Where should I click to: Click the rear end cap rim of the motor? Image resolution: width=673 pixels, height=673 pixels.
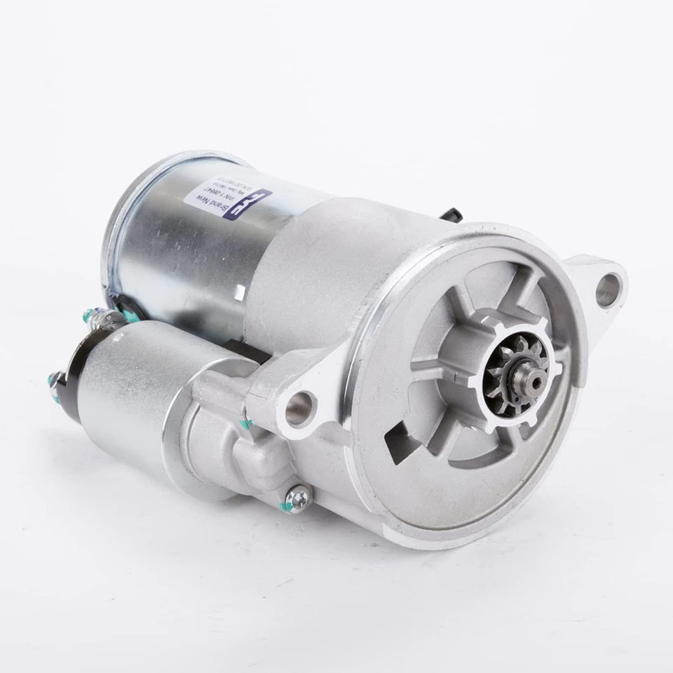(x=119, y=210)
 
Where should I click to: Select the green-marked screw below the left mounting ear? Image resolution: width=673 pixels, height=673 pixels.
(x=246, y=423)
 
